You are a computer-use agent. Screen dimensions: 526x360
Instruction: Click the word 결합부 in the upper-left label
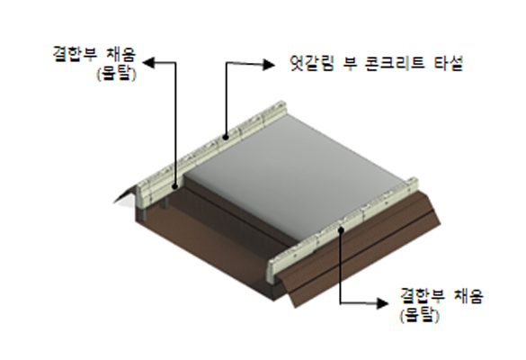(75, 54)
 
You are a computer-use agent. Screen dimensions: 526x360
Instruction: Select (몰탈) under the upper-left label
(117, 74)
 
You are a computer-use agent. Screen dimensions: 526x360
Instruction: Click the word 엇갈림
(312, 63)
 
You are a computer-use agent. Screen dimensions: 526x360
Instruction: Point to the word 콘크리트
(393, 63)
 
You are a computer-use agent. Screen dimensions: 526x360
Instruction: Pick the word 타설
(448, 63)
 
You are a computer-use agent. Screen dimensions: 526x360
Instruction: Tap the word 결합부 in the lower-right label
(423, 296)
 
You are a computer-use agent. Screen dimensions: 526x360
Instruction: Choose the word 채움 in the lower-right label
(468, 296)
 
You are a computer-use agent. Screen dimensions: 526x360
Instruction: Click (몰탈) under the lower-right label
(419, 315)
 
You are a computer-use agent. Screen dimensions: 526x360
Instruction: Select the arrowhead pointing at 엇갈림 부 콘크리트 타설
(268, 65)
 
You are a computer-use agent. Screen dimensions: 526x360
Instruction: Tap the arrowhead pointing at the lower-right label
(382, 303)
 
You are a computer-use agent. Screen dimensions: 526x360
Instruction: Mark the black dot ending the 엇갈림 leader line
(226, 137)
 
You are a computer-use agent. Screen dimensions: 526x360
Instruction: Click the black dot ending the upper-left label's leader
(174, 186)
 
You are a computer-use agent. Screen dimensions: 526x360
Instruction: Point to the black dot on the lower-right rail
(341, 229)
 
